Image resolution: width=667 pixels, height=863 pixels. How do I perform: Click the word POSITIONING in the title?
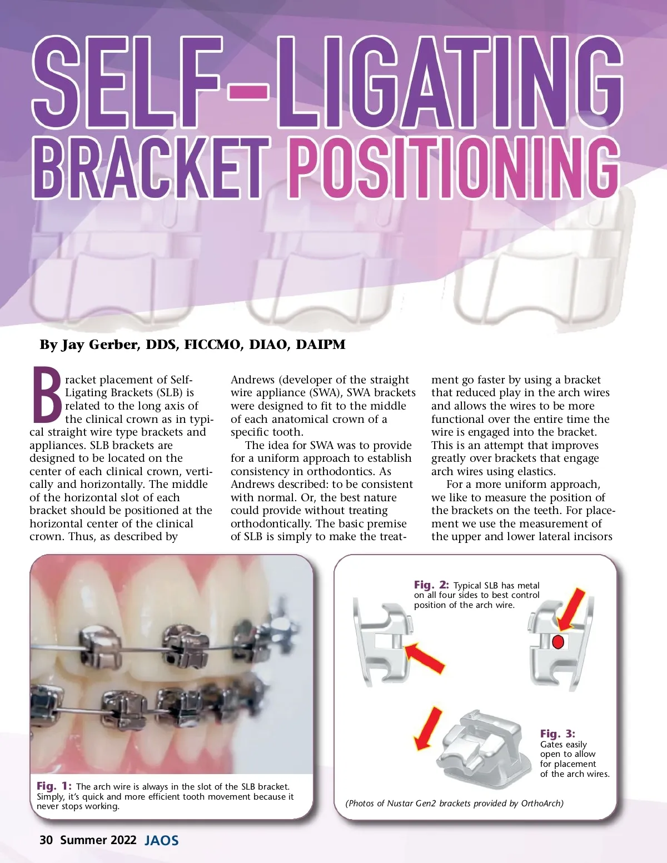[454, 167]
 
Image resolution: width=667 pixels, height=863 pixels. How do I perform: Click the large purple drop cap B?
[46, 395]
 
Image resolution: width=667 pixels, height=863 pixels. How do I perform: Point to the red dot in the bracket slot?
[558, 642]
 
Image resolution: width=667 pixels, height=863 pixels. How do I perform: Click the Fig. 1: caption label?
[54, 786]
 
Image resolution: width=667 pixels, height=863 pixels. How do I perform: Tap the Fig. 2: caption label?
[431, 585]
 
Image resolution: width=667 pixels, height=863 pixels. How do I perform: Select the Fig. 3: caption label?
[558, 733]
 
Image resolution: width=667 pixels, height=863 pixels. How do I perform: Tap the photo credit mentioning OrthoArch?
[455, 803]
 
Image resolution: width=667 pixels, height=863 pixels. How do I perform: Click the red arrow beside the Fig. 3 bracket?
[428, 729]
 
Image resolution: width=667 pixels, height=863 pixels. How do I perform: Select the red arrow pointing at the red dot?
[571, 610]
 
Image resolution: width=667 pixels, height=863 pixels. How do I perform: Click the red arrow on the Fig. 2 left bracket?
[424, 657]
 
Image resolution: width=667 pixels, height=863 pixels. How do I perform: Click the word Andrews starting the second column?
[252, 380]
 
